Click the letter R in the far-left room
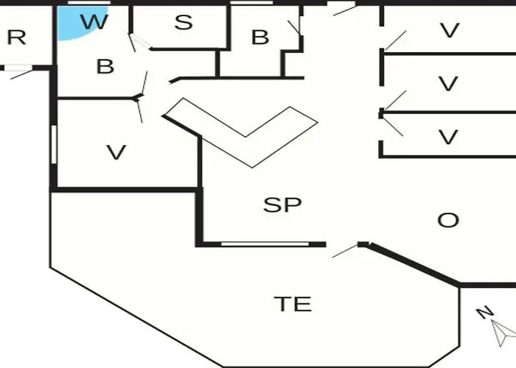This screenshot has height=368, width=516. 16,38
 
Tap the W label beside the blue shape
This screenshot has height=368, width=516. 94,22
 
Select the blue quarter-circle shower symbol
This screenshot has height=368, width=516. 71,25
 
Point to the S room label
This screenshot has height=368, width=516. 183,23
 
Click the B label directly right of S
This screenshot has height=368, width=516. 259,38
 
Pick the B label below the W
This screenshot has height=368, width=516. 105,67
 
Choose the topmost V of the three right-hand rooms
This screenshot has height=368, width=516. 449,31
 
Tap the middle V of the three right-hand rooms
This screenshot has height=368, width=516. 448,84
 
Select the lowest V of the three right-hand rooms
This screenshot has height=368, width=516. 448,137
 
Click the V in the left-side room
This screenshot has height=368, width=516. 116,152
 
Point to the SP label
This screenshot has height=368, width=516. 283,205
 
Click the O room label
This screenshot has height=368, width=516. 448,220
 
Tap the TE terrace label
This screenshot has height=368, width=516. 293,303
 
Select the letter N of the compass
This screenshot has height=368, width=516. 484,313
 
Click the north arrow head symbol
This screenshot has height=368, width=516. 505,332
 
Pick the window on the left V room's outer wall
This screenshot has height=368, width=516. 54,144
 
